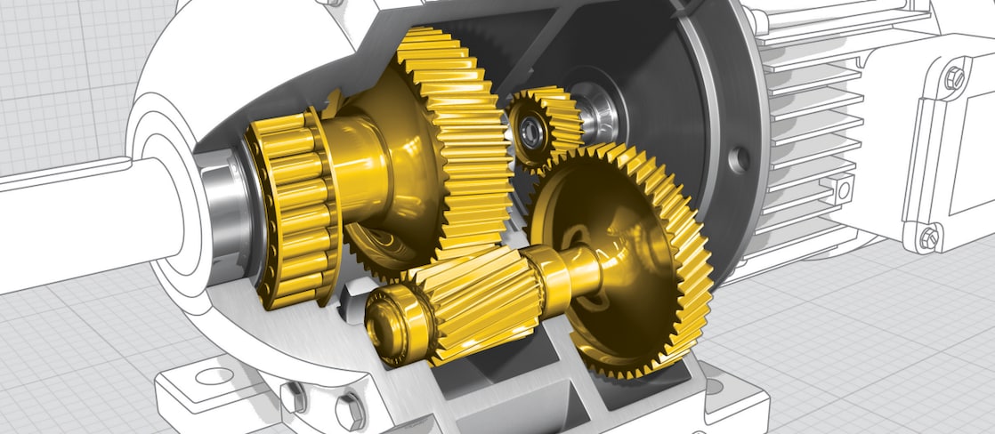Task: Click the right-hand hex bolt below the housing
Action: click(349, 411)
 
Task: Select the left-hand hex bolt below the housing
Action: click(295, 396)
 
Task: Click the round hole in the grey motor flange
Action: click(737, 160)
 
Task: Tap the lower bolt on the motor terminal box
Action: click(927, 237)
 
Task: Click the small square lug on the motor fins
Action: click(840, 188)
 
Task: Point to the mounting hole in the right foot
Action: click(713, 387)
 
